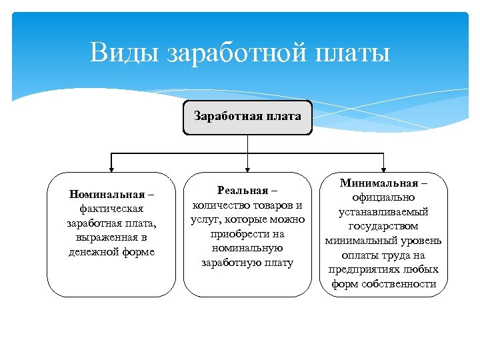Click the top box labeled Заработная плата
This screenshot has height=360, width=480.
click(x=247, y=116)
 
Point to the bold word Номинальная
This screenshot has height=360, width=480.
click(x=107, y=195)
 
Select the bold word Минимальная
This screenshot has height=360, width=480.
click(x=379, y=183)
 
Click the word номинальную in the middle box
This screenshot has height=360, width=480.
click(x=247, y=248)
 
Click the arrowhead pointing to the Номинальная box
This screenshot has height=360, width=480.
click(x=111, y=169)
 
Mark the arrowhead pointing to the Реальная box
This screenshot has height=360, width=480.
click(x=247, y=169)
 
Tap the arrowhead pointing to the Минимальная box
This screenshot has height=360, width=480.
click(x=383, y=169)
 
